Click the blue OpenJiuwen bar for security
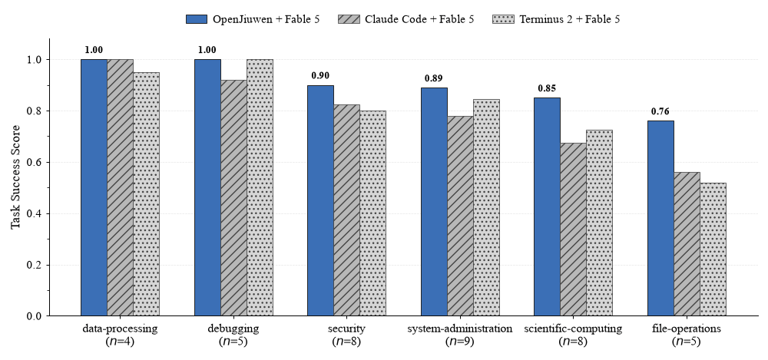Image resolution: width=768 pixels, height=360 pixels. (x=321, y=201)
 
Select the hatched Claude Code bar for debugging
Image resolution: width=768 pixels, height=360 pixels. (x=233, y=198)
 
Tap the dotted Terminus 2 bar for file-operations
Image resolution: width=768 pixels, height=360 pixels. (x=713, y=249)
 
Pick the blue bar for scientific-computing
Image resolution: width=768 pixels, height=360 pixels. (x=547, y=206)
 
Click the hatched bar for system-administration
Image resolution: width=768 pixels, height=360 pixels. (x=460, y=216)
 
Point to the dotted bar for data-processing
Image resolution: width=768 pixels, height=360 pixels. (x=147, y=194)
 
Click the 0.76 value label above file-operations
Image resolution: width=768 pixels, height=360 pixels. (x=660, y=111)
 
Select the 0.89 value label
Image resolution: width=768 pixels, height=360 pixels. (x=434, y=78)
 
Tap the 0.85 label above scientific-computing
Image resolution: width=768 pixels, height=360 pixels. (x=547, y=88)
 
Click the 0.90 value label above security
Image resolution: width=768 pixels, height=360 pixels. (x=321, y=76)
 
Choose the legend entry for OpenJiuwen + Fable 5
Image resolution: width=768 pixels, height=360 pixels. (x=253, y=19)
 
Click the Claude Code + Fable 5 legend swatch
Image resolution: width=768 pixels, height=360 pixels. (x=348, y=19)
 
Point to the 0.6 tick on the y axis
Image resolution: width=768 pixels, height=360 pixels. (x=48, y=162)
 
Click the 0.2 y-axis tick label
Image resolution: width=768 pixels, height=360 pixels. (x=35, y=265)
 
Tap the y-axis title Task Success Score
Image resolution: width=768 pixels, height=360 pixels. (x=15, y=177)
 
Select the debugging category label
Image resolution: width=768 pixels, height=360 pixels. (x=233, y=329)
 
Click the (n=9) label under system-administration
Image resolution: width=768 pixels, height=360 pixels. (x=460, y=342)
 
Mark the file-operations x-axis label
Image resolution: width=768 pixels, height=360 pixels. (x=687, y=329)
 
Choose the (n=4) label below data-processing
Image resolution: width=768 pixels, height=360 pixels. (x=120, y=342)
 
